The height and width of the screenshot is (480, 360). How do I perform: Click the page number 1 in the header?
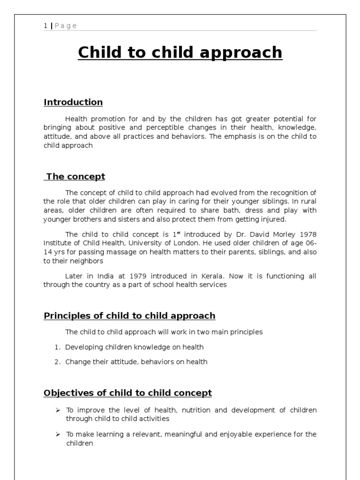[45, 26]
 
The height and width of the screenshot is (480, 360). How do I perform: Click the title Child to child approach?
[180, 52]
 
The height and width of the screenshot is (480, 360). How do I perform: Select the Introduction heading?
[73, 102]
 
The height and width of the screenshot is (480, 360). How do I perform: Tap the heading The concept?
[75, 177]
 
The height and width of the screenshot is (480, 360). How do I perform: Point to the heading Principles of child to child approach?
[129, 315]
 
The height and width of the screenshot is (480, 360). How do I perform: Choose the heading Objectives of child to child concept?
[127, 393]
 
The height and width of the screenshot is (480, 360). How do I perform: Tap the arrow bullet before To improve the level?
[58, 410]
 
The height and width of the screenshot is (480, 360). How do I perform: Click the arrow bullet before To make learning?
[58, 435]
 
